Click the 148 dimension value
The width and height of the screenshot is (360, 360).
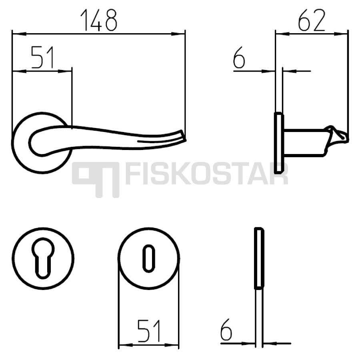click(99, 20)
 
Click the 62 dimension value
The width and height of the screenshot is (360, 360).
click(312, 20)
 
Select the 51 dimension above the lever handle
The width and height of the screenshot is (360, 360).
click(43, 57)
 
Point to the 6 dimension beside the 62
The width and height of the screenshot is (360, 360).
click(239, 57)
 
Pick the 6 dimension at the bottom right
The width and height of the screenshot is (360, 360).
click(226, 330)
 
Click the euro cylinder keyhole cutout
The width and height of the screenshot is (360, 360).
click(43, 258)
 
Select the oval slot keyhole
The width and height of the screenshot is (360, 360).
click(149, 258)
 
